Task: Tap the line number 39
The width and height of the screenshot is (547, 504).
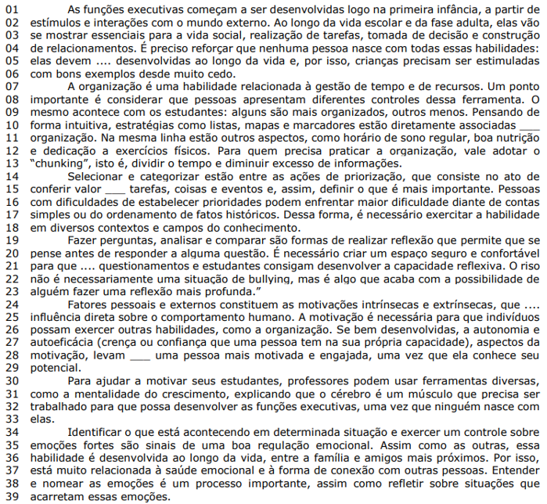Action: click(12, 497)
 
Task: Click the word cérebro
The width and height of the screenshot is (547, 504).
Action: click(336, 394)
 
